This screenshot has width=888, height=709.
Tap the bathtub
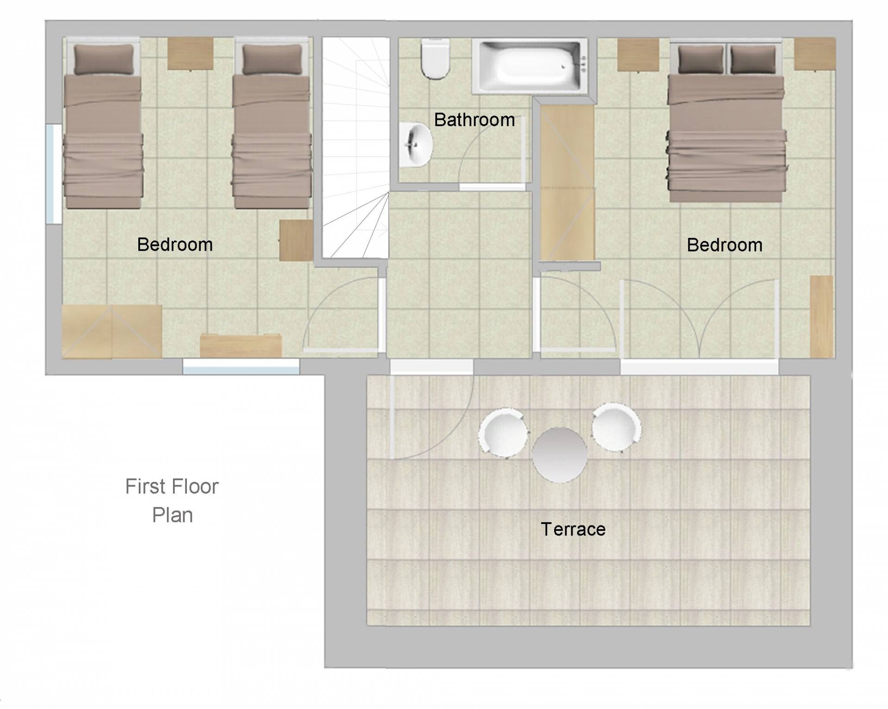pyautogui.click(x=530, y=66)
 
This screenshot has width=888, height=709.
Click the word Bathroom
pyautogui.click(x=475, y=120)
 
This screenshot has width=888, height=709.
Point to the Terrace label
pyautogui.click(x=573, y=529)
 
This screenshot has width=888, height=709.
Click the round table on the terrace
pyautogui.click(x=560, y=455)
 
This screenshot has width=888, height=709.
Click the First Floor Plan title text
pyautogui.click(x=172, y=501)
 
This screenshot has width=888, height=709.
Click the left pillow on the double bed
pyautogui.click(x=701, y=59)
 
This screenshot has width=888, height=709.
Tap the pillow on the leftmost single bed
pyautogui.click(x=104, y=59)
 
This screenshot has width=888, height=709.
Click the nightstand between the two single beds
pyautogui.click(x=190, y=54)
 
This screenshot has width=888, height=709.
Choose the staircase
pyautogui.click(x=356, y=148)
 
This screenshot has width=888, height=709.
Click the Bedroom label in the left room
pyautogui.click(x=175, y=245)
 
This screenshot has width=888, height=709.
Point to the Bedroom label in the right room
pyautogui.click(x=724, y=245)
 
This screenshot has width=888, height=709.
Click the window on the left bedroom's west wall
pyautogui.click(x=54, y=174)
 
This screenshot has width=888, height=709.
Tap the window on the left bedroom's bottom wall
pyautogui.click(x=241, y=366)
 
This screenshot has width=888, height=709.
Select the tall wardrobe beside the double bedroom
pyautogui.click(x=567, y=183)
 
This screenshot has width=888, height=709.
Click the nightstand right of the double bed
pyautogui.click(x=815, y=54)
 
